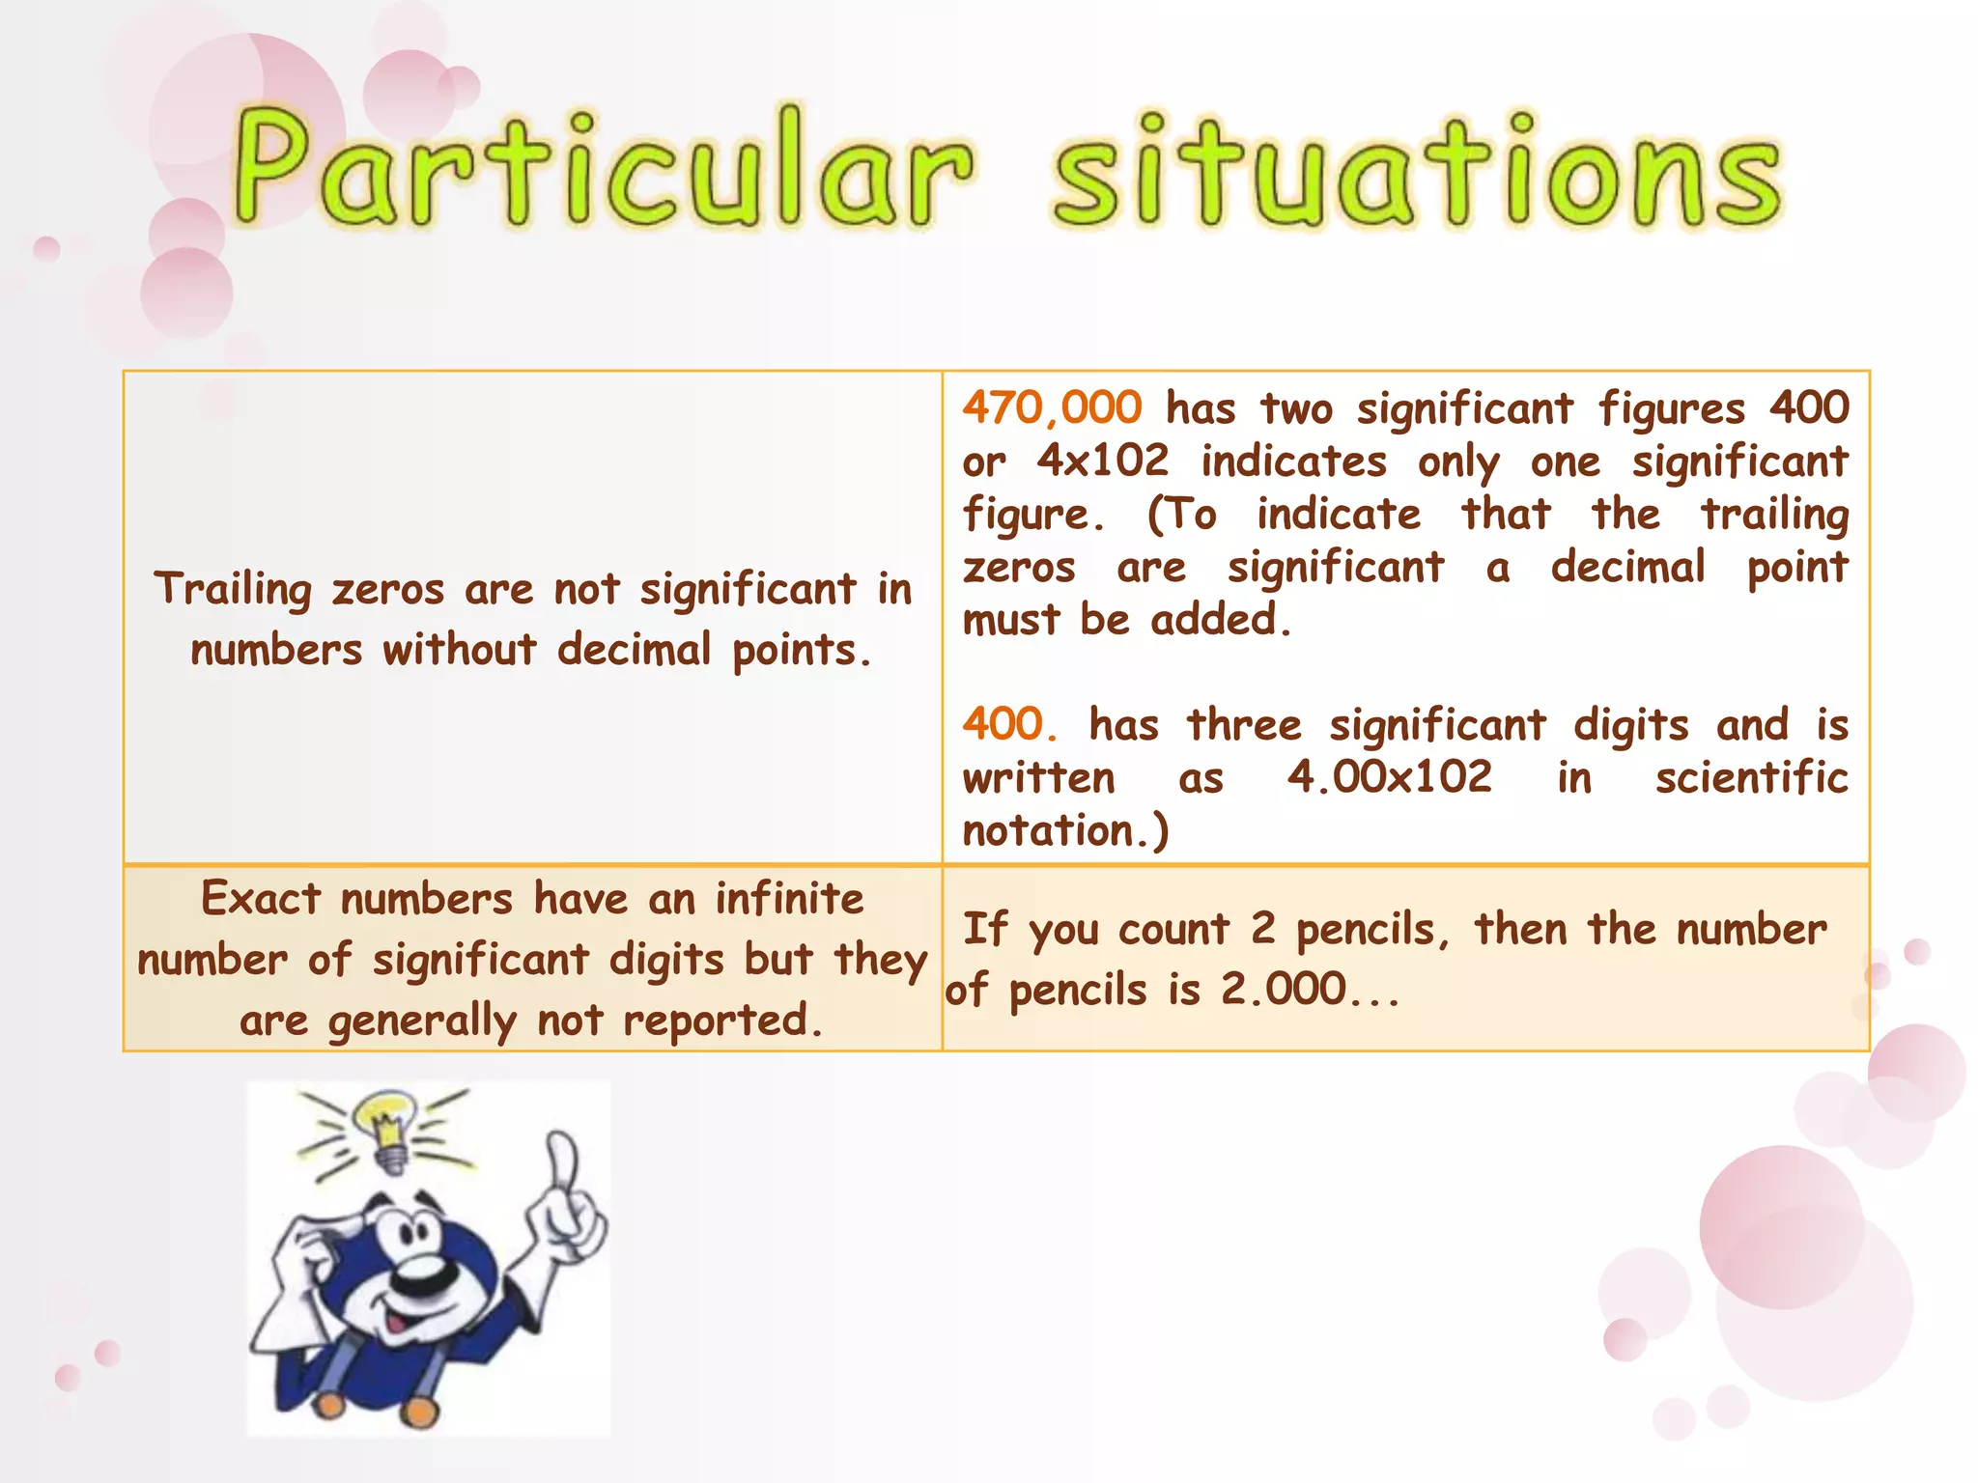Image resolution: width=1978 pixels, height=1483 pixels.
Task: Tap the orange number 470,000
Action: (1052, 407)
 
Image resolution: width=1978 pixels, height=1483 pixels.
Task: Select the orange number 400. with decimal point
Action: (1009, 724)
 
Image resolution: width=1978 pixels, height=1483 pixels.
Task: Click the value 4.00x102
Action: (1390, 777)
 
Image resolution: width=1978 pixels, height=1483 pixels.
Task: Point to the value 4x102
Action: (1103, 461)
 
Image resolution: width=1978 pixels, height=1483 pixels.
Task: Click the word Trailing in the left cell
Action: (233, 590)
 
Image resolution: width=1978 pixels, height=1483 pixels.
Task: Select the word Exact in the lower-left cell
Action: (260, 899)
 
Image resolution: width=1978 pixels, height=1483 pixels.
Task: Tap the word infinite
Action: (789, 899)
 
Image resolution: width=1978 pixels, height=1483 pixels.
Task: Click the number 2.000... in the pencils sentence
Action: (1310, 990)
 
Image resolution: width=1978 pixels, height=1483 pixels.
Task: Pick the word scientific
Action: (1751, 777)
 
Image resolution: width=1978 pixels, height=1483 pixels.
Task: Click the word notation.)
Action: (1065, 830)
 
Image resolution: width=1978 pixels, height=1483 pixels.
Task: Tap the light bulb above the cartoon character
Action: (386, 1125)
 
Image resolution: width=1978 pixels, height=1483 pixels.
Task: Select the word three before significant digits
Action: (1244, 724)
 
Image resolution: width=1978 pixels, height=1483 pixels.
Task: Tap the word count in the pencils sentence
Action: (1173, 930)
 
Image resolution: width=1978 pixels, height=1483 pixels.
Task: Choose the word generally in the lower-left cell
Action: (422, 1021)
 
